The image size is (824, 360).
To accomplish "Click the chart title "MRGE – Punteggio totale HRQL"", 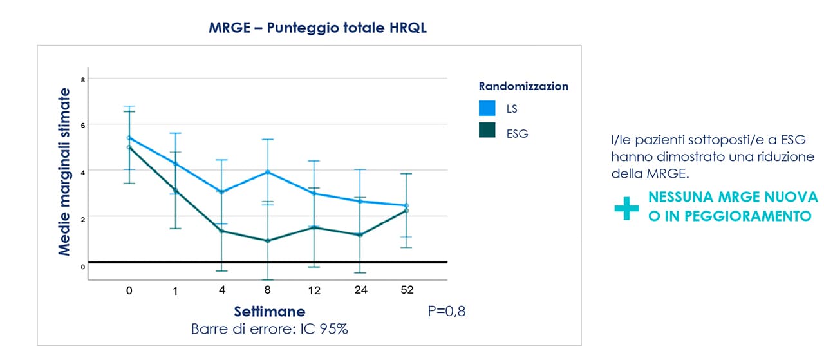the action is point(318,28).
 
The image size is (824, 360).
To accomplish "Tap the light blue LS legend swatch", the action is point(487,108).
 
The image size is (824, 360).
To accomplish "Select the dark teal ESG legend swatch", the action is point(487,130).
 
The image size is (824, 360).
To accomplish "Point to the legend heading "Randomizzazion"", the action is point(523,86).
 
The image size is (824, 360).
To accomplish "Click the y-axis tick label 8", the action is point(83,80).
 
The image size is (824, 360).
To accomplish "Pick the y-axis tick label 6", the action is point(83,126).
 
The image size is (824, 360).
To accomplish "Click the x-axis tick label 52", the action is point(407,290).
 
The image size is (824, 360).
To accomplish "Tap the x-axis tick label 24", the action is point(361,290).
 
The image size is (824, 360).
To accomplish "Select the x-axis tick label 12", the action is point(314,291).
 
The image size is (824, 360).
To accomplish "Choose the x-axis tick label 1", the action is point(175,292).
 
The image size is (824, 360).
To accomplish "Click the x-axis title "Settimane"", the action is point(270,312).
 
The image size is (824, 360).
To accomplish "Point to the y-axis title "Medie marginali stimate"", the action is point(64,171).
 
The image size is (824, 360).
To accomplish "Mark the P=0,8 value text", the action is point(447,312).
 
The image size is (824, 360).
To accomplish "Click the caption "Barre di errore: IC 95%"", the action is point(270,329).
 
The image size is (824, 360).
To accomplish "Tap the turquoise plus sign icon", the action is point(626,208).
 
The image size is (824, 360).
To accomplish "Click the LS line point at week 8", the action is point(268,172).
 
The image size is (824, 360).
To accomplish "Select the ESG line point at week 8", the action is point(268,241).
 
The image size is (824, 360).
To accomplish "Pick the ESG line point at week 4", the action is point(221,231).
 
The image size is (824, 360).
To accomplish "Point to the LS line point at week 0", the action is point(129,138).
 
